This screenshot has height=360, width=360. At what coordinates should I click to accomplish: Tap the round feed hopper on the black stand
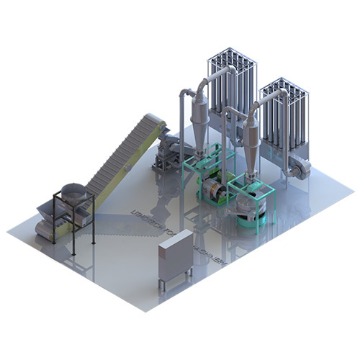(73, 193)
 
